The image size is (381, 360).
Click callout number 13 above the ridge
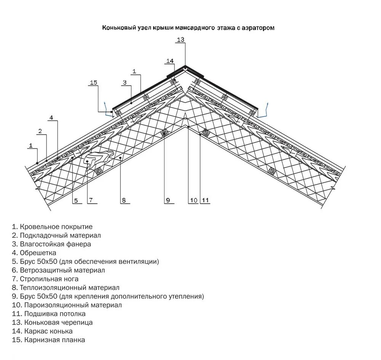coord(180,40)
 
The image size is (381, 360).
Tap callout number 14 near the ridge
coord(170,61)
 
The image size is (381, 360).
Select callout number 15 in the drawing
coord(94,83)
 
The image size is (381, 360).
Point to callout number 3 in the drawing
coord(125,82)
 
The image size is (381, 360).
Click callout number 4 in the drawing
coord(51,117)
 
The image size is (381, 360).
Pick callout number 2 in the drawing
coord(40,132)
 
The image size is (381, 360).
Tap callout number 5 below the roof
coord(76,201)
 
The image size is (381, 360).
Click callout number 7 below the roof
coord(91,201)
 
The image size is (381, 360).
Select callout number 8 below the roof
coord(123,201)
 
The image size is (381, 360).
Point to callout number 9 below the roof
coord(167,201)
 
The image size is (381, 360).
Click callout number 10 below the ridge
coord(193,201)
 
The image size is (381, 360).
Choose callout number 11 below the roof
coord(205,201)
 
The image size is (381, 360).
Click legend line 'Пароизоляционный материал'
coord(67,305)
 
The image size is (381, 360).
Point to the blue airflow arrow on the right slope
coord(267,108)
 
